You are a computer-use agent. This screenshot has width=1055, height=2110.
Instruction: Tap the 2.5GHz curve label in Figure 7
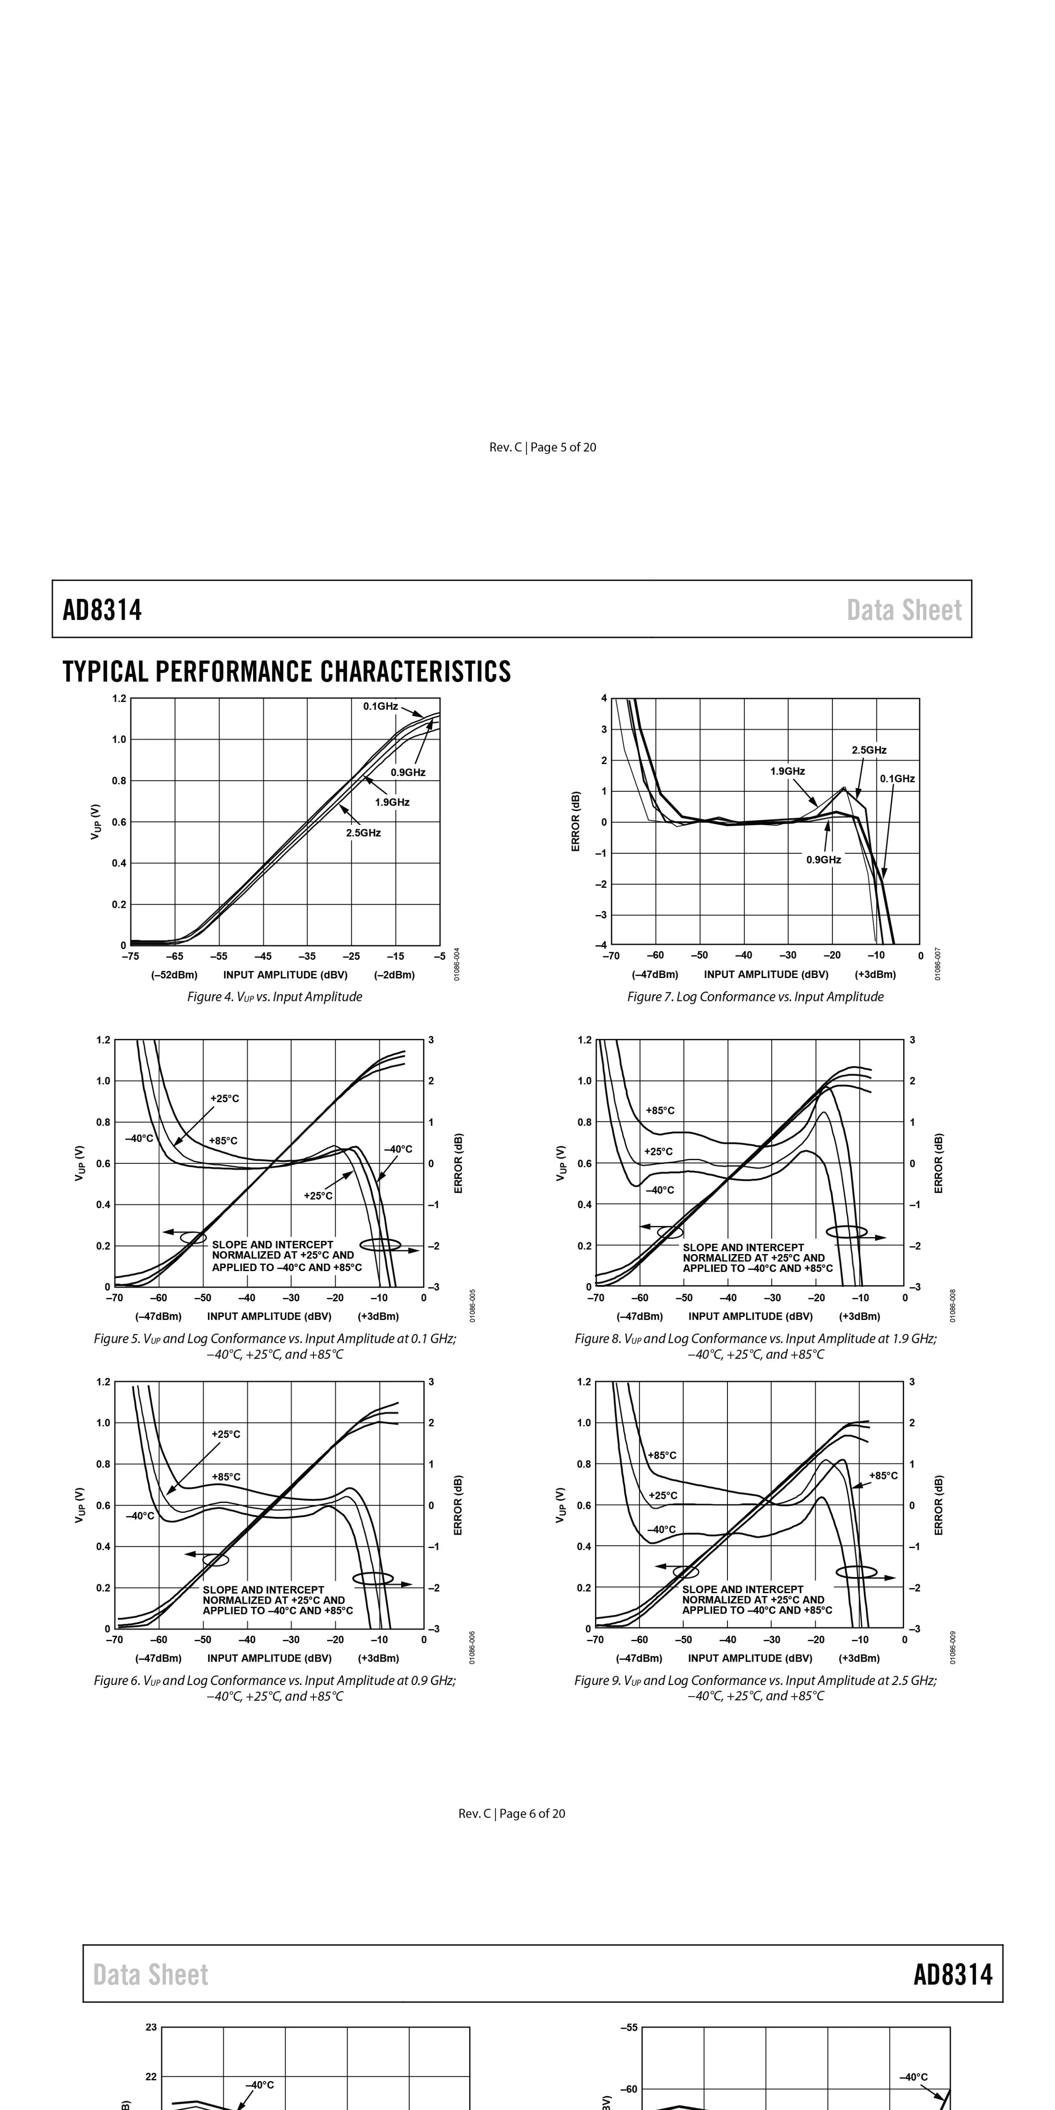pos(869,750)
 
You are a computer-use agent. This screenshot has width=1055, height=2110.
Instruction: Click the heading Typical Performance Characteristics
pos(287,672)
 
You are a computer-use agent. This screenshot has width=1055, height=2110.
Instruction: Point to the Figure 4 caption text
pos(274,997)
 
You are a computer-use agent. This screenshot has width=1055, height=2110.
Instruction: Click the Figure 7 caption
pos(755,997)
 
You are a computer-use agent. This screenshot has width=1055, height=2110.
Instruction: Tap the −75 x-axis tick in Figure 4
pos(130,956)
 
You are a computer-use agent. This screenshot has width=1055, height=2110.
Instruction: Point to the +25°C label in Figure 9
pos(663,1496)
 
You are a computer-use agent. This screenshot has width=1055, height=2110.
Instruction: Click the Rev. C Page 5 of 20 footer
pos(543,447)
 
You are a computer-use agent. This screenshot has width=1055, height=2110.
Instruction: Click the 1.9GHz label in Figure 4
pos(392,803)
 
